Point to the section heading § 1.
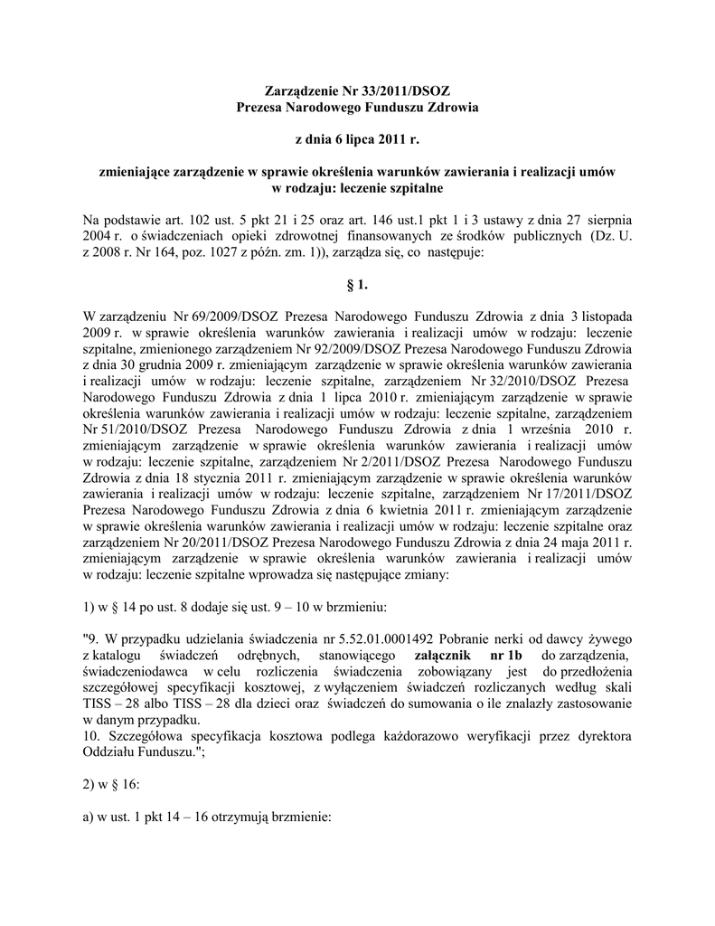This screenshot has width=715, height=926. pyautogui.click(x=357, y=286)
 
